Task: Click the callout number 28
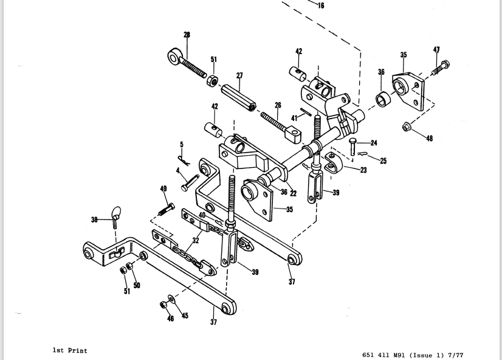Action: pos(187,35)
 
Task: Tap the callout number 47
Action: pos(437,50)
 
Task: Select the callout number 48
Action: pos(430,138)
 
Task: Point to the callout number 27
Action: pos(239,75)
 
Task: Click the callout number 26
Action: pos(278,105)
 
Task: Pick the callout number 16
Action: pos(321,5)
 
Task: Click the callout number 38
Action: pos(94,220)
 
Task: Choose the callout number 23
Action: pos(363,170)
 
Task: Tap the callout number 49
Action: pos(163,189)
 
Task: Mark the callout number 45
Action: pos(185,316)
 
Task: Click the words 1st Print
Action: pos(70,350)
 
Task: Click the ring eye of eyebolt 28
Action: pos(174,57)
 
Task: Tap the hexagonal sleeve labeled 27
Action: pos(238,97)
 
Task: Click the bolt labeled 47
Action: pos(441,68)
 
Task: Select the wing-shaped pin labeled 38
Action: pos(115,217)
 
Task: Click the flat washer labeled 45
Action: pos(171,299)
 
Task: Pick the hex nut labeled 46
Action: pos(163,305)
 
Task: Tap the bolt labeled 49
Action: pos(167,209)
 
